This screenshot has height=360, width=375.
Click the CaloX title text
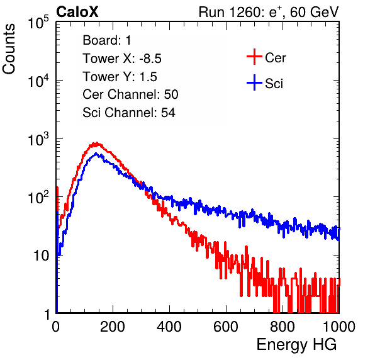[x=77, y=12]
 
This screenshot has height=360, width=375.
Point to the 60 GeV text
[x=314, y=12]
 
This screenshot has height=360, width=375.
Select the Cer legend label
[x=275, y=58]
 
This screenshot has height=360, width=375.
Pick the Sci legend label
[x=274, y=84]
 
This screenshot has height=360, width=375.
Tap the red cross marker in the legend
[x=254, y=57]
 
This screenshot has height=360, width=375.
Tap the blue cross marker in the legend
[x=254, y=83]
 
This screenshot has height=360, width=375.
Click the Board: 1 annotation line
[x=107, y=40]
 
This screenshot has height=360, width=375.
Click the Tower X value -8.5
[x=150, y=59]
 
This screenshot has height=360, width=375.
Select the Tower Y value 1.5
[x=148, y=77]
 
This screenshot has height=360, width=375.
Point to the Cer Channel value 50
[x=171, y=94]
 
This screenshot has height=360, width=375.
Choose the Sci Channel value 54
[x=168, y=113]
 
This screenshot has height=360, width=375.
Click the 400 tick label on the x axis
[x=169, y=327]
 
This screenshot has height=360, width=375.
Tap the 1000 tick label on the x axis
[x=339, y=327]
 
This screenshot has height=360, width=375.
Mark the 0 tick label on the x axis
[x=56, y=327]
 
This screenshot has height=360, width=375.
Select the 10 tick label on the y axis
[x=42, y=256]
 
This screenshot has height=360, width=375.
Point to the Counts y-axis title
[x=9, y=49]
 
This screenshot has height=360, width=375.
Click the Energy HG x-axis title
[x=296, y=345]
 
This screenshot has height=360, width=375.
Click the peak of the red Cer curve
[x=96, y=143]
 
